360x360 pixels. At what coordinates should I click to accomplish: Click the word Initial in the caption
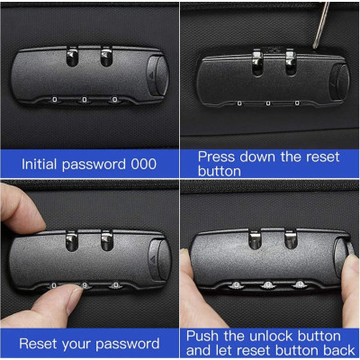(x=40, y=164)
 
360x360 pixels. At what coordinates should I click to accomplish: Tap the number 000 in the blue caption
(x=143, y=164)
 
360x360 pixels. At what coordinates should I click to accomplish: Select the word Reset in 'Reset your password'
(x=40, y=343)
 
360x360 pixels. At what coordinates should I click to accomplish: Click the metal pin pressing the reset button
(x=321, y=24)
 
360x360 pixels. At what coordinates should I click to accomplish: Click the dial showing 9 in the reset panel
(x=85, y=285)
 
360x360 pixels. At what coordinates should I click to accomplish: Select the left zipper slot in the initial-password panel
(x=72, y=57)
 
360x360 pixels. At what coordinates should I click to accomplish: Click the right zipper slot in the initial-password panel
(x=106, y=57)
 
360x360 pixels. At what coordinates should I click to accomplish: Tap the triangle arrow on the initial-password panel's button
(x=151, y=75)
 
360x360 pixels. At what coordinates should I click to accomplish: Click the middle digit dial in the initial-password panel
(x=85, y=100)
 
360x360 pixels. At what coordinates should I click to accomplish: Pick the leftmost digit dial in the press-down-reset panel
(x=239, y=103)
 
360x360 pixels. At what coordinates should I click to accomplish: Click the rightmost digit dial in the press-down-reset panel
(x=297, y=103)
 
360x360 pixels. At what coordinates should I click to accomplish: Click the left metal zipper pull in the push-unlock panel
(x=255, y=240)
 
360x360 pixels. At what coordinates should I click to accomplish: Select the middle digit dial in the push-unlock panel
(x=267, y=284)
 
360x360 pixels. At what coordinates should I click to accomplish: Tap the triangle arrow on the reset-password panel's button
(x=152, y=259)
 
